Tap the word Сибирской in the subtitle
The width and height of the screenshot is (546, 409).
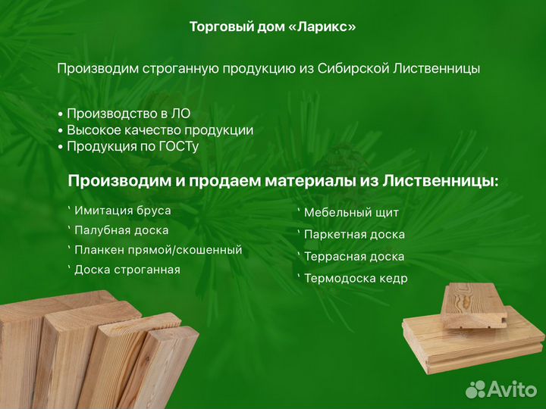pos(355,69)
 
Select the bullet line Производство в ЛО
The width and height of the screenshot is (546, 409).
pos(128,114)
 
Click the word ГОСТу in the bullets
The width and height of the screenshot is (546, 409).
pos(178,146)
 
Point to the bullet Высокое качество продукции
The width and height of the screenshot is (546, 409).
pos(160,130)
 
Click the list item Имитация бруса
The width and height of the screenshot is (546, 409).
pos(122,211)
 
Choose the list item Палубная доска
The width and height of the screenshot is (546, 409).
pos(121,230)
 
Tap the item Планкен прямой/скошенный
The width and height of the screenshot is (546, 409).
pos(158,250)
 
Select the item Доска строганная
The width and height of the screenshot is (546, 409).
pos(127,270)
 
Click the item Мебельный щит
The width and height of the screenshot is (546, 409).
pos(350,213)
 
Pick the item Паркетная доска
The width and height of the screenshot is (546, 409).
pos(354,235)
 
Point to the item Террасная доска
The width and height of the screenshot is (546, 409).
pos(353,257)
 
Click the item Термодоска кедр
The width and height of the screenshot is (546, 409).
pos(355,279)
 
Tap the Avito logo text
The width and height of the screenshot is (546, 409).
pos(512,389)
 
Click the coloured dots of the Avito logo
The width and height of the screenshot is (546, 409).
pos(475,389)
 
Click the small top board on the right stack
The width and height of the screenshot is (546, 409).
pos(473,303)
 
